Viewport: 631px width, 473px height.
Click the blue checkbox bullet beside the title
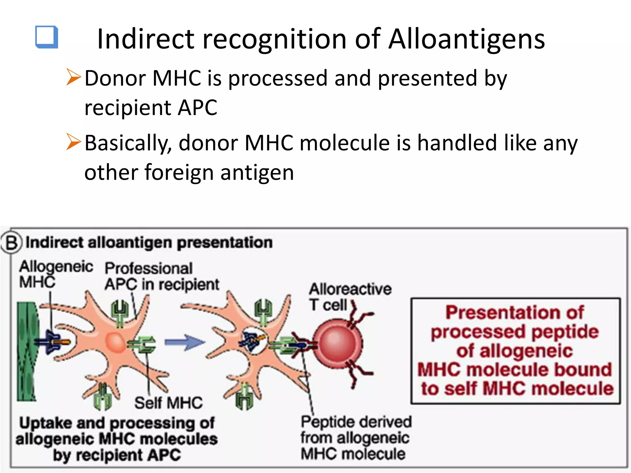[x=47, y=37]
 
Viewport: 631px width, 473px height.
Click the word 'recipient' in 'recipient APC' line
[x=128, y=108]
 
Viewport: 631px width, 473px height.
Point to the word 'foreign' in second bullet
[x=179, y=172]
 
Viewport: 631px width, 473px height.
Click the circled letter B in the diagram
[x=12, y=243]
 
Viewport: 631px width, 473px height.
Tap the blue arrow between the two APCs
[x=184, y=342]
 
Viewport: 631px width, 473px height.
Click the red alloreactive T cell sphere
[x=338, y=344]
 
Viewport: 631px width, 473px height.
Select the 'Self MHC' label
[x=169, y=403]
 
